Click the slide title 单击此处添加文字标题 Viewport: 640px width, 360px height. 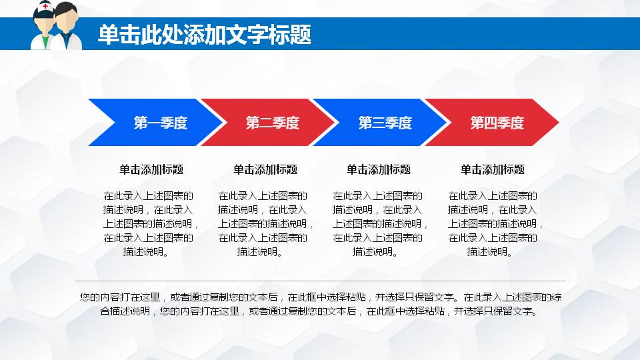point(205,35)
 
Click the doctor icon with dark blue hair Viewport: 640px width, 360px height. point(67,27)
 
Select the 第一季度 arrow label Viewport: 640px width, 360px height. point(161,123)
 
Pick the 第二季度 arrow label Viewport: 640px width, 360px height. point(273,123)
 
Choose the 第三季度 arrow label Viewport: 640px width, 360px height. point(385,123)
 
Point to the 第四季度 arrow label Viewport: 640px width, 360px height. point(497,123)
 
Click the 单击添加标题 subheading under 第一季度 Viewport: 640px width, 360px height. point(151,169)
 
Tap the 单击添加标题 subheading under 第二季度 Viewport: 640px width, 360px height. point(265,169)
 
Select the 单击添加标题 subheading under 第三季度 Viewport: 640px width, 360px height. point(379,169)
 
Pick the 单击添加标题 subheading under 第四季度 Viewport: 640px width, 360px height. point(493,169)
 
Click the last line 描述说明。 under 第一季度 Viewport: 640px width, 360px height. point(146,251)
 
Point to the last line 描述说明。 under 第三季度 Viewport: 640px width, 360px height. point(375,251)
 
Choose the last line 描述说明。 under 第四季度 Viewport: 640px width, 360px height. point(490,251)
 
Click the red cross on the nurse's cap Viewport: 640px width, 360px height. point(45,7)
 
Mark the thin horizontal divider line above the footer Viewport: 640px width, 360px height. point(320,281)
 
